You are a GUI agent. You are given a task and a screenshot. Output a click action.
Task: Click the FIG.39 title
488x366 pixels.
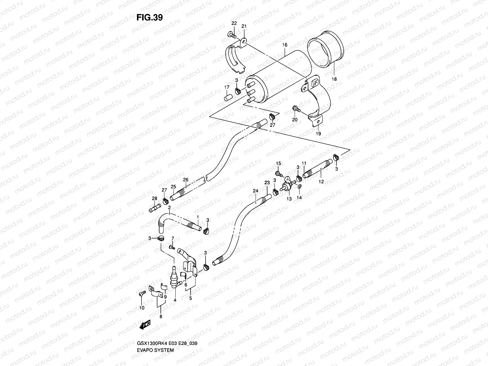pyautogui.click(x=149, y=17)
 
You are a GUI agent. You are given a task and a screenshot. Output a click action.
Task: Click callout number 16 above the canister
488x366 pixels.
pyautogui.click(x=285, y=45)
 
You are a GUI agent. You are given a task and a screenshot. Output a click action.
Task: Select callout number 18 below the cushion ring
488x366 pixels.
pyautogui.click(x=334, y=79)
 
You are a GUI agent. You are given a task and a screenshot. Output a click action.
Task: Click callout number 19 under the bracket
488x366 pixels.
pyautogui.click(x=318, y=134)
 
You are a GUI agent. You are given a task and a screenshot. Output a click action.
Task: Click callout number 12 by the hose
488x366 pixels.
pyautogui.click(x=321, y=181)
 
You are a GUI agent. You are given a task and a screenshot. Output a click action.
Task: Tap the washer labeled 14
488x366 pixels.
pyautogui.click(x=300, y=186)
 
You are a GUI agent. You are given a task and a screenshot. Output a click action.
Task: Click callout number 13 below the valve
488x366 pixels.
pyautogui.click(x=289, y=199)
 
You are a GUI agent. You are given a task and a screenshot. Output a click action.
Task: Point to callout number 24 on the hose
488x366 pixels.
pyautogui.click(x=255, y=191)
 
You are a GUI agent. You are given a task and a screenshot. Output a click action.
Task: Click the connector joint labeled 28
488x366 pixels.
pyautogui.click(x=154, y=209)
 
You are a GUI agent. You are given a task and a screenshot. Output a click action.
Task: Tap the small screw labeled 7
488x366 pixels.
pyautogui.click(x=172, y=247)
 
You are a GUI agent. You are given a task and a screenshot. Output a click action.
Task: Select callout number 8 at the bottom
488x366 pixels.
pyautogui.click(x=161, y=317)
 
